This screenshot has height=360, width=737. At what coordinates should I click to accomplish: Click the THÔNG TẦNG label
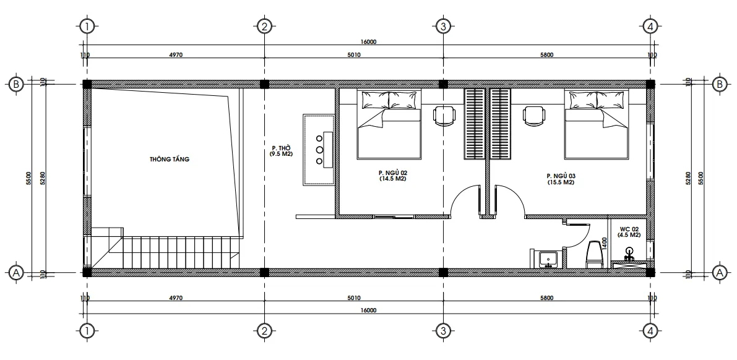pyautogui.click(x=169, y=160)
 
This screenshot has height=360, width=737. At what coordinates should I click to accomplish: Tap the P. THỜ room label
pyautogui.click(x=281, y=151)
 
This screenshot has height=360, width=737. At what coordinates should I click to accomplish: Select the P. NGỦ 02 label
pyautogui.click(x=392, y=175)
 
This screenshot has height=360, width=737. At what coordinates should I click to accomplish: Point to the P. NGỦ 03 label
pyautogui.click(x=561, y=179)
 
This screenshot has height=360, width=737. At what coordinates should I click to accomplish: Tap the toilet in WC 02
pyautogui.click(x=595, y=254)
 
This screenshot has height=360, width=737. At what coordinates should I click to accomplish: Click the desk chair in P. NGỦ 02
pyautogui.click(x=443, y=115)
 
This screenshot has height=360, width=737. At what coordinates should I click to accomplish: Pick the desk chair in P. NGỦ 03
pyautogui.click(x=533, y=115)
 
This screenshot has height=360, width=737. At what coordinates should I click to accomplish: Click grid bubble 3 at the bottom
pyautogui.click(x=442, y=332)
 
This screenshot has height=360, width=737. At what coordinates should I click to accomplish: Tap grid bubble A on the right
pyautogui.click(x=719, y=272)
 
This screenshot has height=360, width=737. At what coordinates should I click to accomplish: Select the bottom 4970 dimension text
pyautogui.click(x=176, y=298)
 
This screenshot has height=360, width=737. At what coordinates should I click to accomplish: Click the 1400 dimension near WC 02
pyautogui.click(x=605, y=242)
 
